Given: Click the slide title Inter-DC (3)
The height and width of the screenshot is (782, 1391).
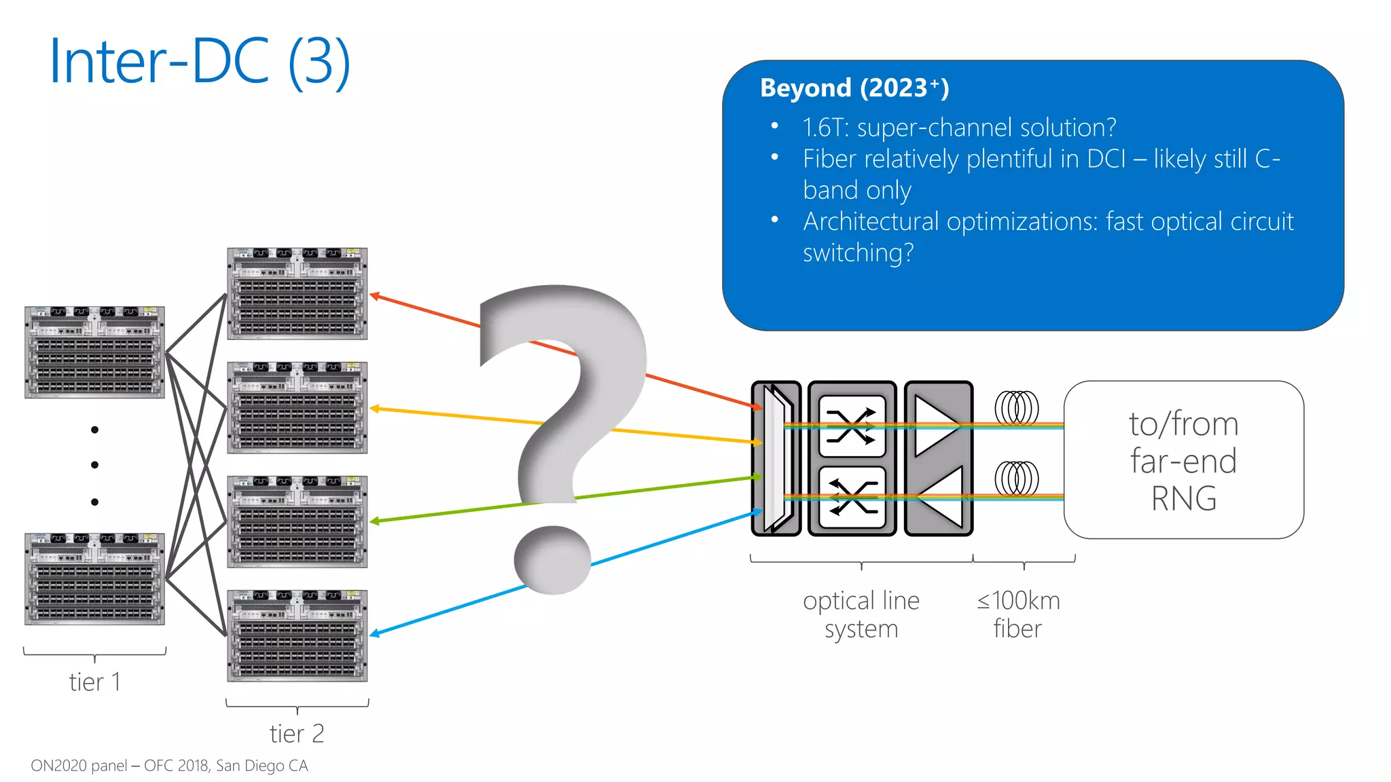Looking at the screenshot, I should click(200, 62).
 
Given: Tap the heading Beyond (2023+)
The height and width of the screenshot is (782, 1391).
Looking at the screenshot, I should click(854, 88).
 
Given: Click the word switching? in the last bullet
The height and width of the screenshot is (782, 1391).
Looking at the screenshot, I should click(858, 253).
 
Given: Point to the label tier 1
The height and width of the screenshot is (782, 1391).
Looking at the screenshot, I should click(94, 682).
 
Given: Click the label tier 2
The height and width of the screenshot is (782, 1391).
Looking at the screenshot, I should click(297, 734).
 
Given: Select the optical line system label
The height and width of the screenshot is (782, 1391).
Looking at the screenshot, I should click(861, 614).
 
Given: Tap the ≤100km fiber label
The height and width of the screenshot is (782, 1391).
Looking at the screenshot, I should click(1017, 614).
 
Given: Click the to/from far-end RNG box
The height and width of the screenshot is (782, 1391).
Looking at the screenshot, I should click(1183, 460).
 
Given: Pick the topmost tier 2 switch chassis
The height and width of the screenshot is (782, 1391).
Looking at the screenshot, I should click(297, 293).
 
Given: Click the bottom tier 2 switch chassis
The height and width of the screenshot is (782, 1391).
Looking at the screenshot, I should click(297, 635).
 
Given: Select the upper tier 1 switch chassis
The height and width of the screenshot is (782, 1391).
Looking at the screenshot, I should click(95, 352).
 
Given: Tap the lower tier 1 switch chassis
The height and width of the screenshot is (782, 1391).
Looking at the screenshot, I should click(95, 578).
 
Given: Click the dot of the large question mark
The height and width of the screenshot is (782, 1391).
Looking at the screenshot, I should click(552, 559).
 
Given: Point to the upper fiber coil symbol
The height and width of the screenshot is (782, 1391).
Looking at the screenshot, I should click(1017, 408).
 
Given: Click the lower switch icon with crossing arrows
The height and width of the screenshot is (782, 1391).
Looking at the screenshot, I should click(852, 497).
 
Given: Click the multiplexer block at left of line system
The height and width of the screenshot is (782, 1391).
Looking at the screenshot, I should click(776, 458).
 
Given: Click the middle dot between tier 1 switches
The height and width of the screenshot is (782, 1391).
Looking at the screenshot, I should click(95, 465).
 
